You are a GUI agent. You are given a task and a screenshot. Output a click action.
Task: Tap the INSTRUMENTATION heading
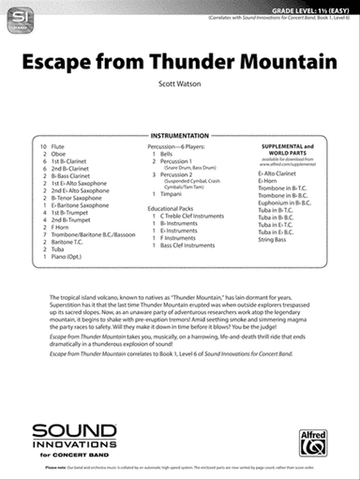(178, 136)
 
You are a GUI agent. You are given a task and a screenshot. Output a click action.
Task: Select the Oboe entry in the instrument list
(58, 156)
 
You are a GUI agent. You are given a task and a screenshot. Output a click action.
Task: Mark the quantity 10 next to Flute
(43, 148)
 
